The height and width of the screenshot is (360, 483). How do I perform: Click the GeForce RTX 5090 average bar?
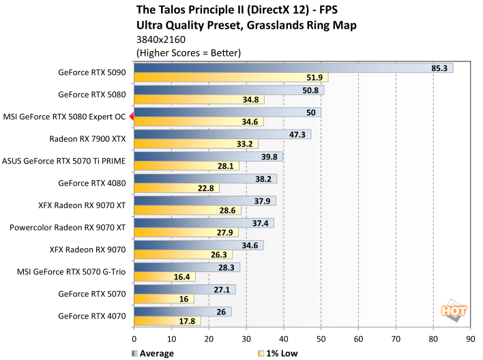293,67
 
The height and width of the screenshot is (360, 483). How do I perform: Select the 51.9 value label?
315,78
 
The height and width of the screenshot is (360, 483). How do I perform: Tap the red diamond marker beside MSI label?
132,117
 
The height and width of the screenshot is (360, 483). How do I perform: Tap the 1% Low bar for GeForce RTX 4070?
167,321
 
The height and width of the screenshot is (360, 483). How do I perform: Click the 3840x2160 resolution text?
160,39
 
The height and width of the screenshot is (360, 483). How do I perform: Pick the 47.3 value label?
297,134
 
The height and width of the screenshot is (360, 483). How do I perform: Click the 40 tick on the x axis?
283,337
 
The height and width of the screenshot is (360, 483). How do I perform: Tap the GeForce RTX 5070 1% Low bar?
164,299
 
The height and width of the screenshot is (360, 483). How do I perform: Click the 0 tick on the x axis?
134,337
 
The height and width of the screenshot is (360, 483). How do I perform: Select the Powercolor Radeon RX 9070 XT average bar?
204,223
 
